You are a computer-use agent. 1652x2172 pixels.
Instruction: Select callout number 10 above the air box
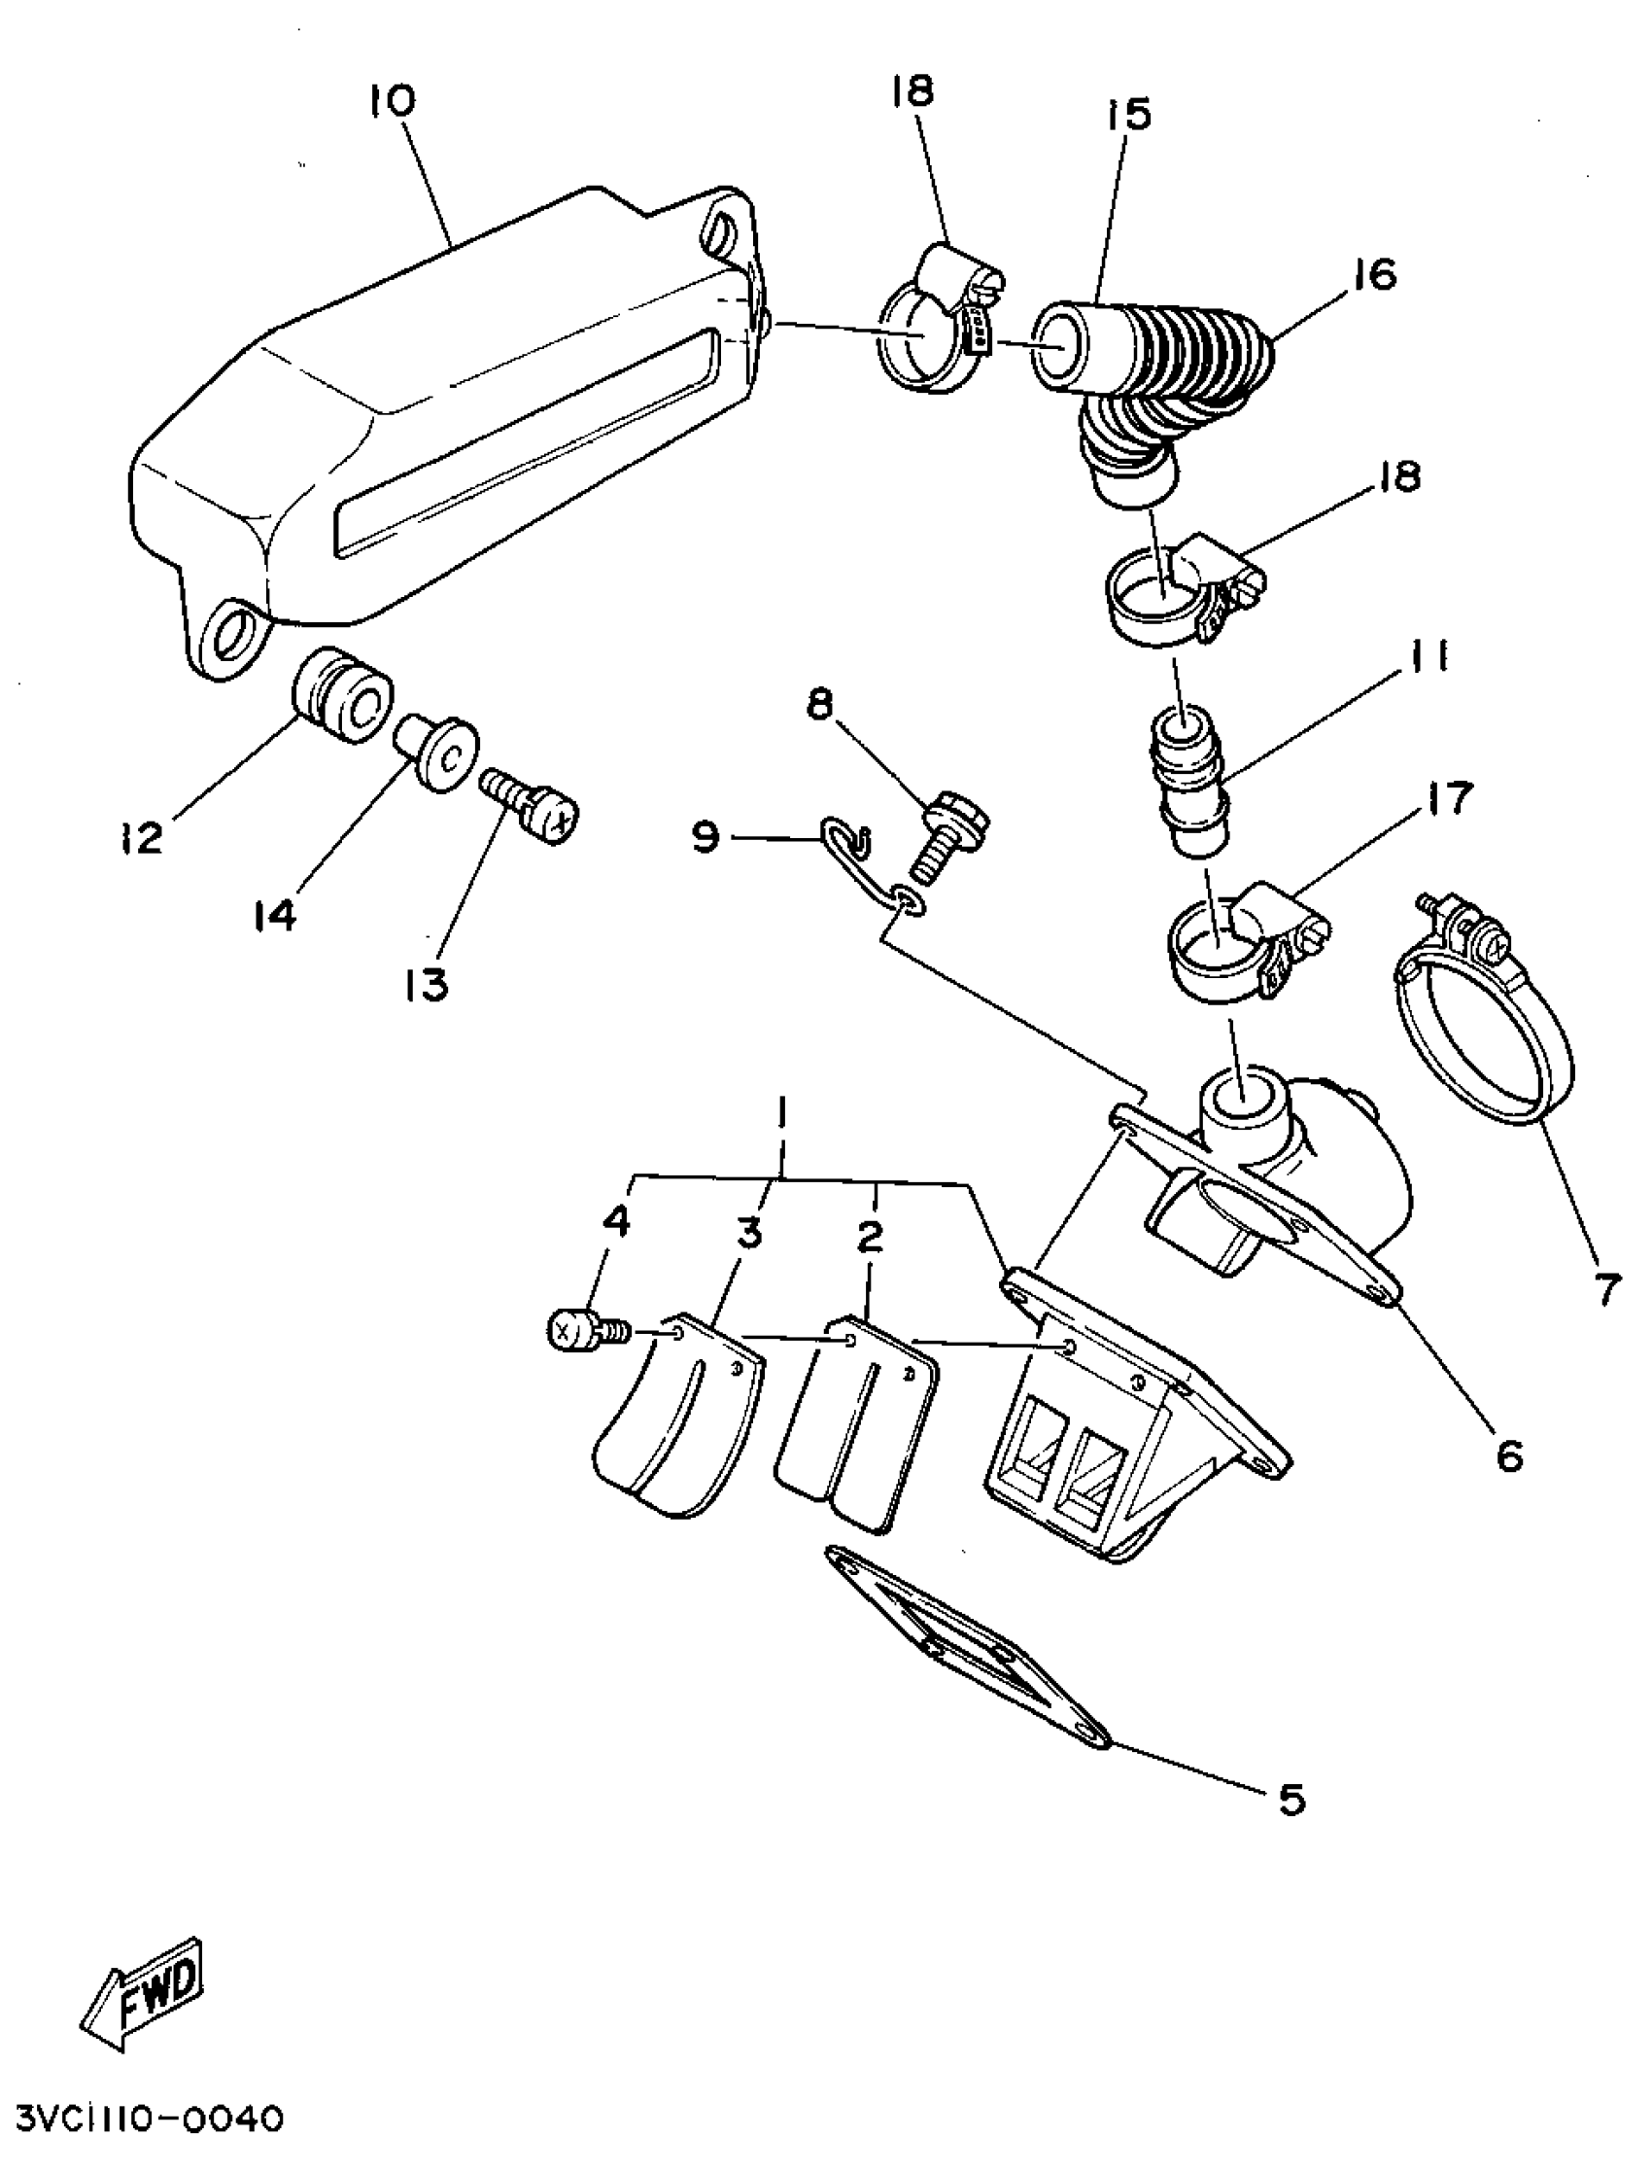(x=394, y=101)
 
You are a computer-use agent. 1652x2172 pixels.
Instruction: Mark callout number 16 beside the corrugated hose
(x=1375, y=274)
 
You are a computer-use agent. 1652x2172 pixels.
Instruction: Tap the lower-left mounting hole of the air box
(x=233, y=632)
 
